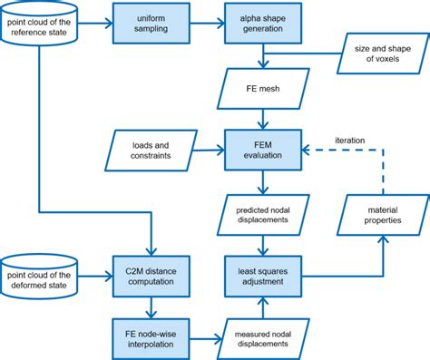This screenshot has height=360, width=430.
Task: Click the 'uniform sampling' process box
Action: [x=150, y=22]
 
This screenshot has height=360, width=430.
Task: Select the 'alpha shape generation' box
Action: [x=263, y=22]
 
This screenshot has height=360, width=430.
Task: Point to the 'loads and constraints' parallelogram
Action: [x=151, y=148]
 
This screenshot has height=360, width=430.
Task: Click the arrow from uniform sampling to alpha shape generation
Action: [x=206, y=22]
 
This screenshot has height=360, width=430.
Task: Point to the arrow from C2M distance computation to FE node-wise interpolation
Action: [x=150, y=305]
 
